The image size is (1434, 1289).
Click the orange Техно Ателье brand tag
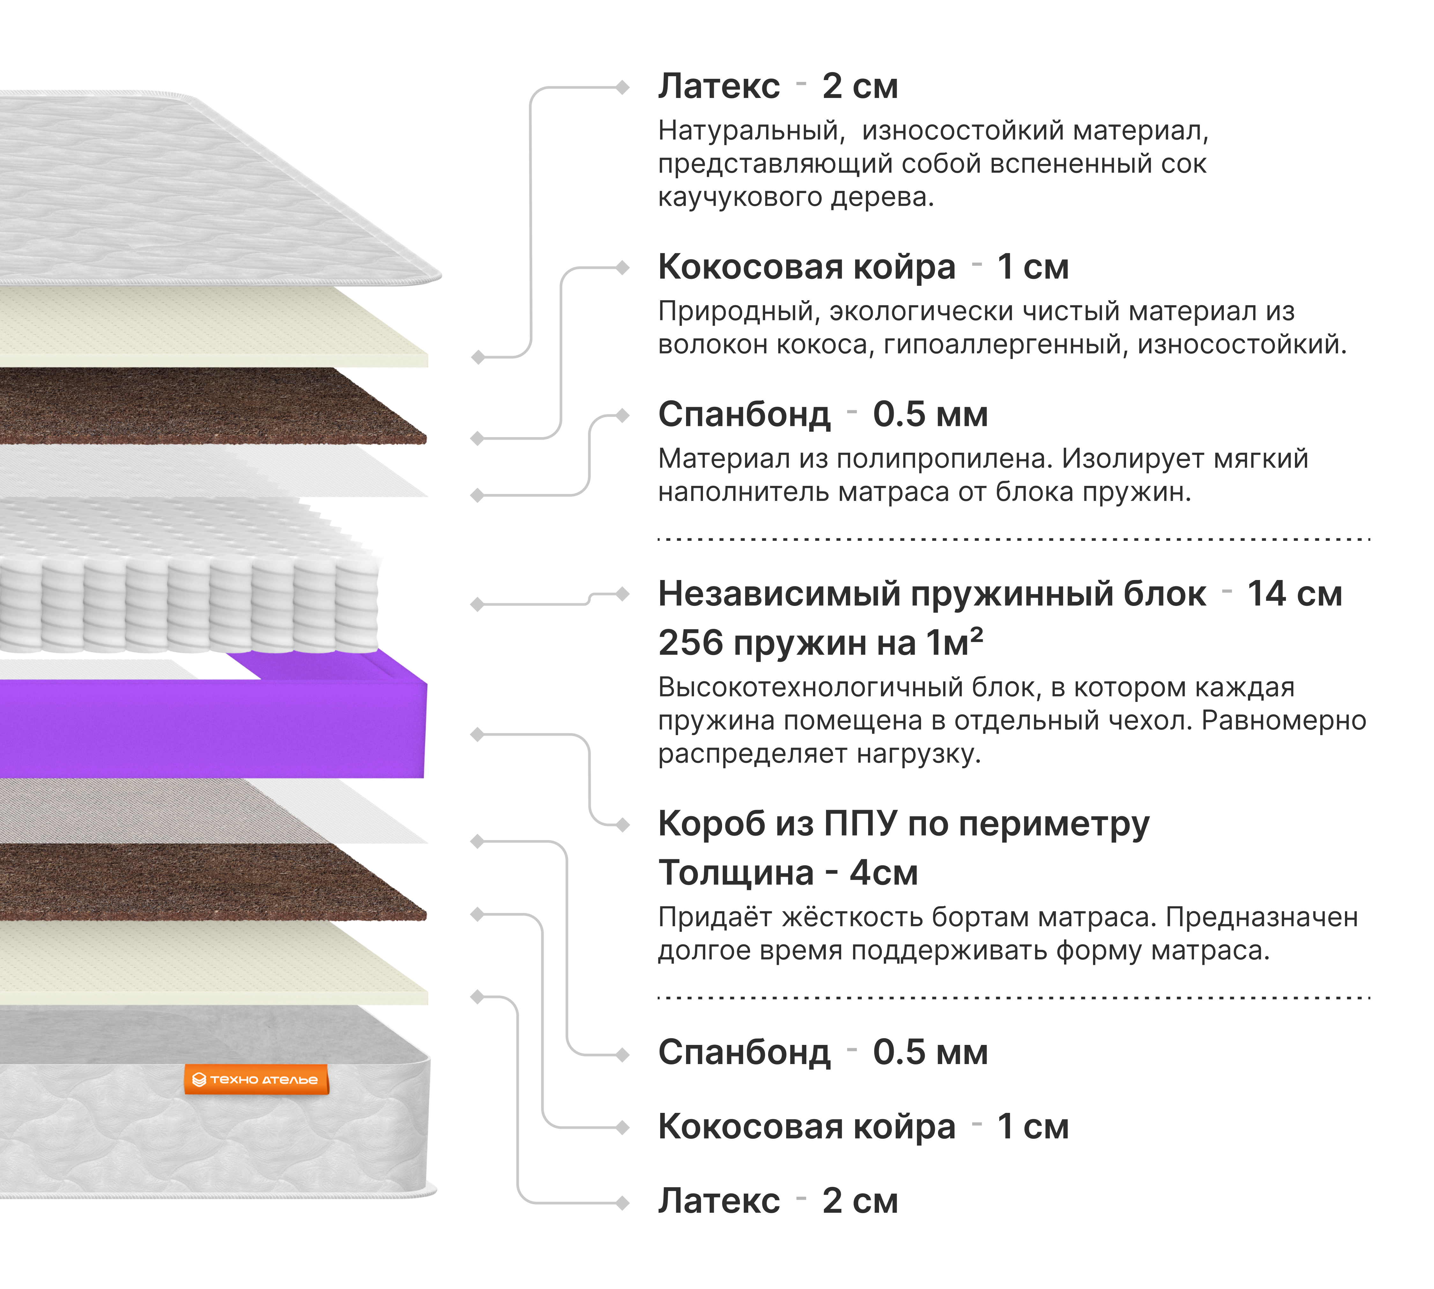coord(256,1079)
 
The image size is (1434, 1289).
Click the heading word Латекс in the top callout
coord(719,86)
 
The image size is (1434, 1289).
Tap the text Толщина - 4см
coord(787,873)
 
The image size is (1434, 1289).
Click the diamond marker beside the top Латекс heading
coord(623,87)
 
